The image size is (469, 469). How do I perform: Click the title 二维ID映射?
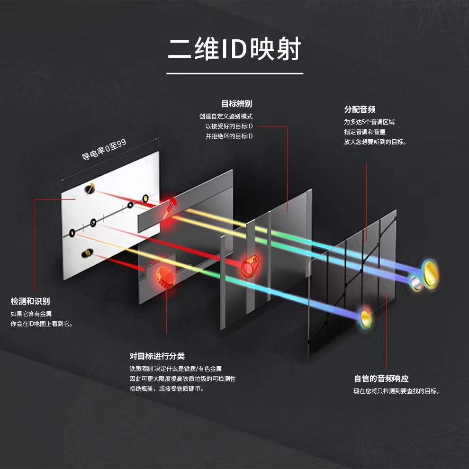click(234, 49)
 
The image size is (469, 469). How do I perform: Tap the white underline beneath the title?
click(234, 73)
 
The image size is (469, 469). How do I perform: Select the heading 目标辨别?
click(236, 104)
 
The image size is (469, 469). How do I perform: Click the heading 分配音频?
click(360, 109)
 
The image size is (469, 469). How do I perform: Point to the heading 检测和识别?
click(30, 301)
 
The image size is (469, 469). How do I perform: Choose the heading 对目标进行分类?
click(157, 356)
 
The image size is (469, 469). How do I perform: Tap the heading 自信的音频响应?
click(381, 378)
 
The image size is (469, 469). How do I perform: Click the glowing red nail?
click(169, 206)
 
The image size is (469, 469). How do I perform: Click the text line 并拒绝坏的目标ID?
click(229, 136)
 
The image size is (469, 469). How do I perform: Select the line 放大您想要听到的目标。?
click(375, 142)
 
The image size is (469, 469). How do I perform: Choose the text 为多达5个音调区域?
click(369, 122)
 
